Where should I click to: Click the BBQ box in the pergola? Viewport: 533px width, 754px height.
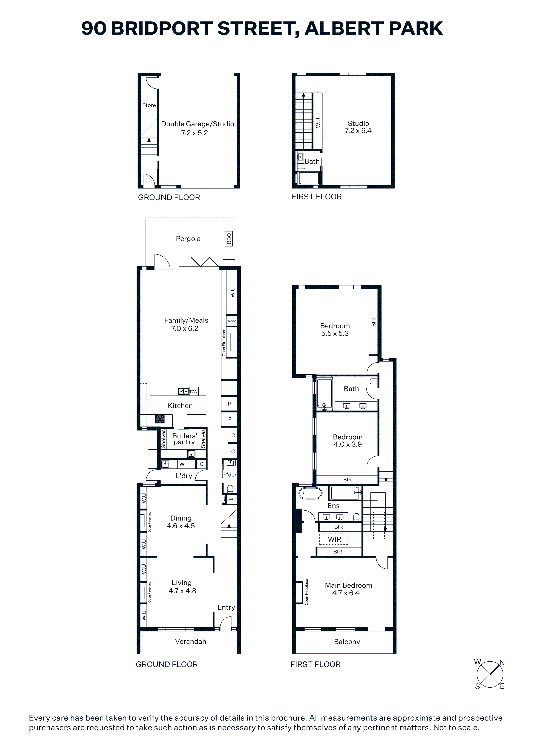[x=229, y=238]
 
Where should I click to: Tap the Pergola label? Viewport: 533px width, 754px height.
[x=188, y=239]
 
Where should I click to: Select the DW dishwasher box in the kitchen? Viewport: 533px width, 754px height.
[x=194, y=391]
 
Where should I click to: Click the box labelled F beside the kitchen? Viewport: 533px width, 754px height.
[x=230, y=388]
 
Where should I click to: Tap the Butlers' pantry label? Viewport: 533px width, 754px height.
[x=185, y=439]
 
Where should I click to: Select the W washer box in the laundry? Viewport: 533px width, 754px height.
[x=182, y=464]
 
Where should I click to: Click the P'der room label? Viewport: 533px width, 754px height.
[x=230, y=475]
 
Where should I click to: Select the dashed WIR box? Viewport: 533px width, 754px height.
[x=334, y=539]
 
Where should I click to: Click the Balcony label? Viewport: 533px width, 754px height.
[x=347, y=642]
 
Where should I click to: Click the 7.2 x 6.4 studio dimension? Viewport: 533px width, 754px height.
[x=358, y=131]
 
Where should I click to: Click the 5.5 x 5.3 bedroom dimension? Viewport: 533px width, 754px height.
[x=335, y=333]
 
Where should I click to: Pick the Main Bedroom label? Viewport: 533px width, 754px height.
[x=348, y=585]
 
